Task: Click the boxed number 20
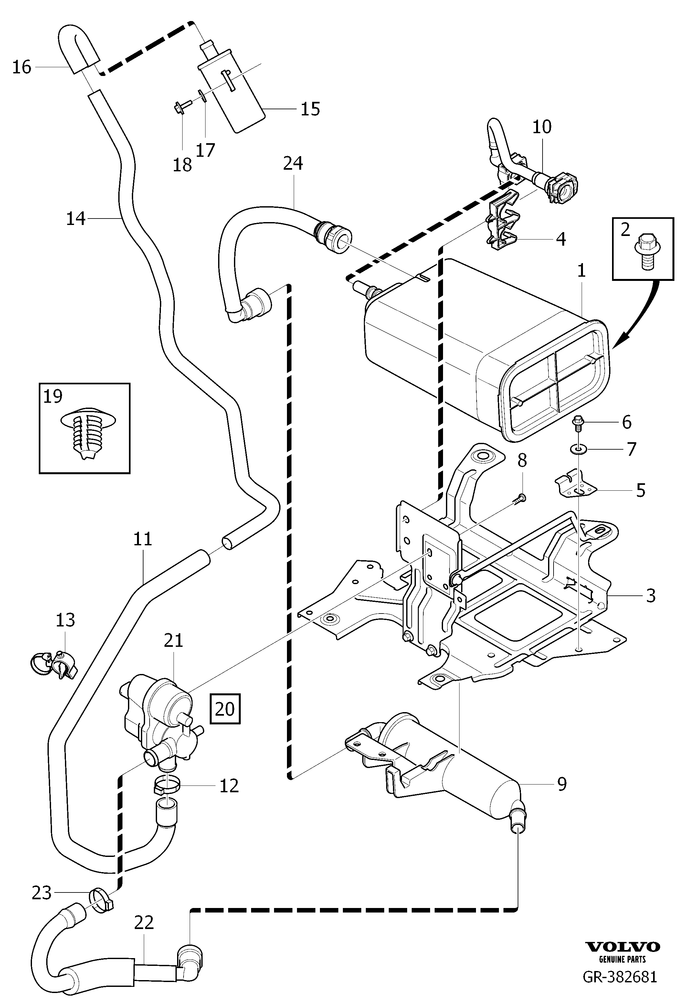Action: (x=225, y=709)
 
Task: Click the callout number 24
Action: (x=293, y=163)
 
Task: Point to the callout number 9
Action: (x=561, y=783)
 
